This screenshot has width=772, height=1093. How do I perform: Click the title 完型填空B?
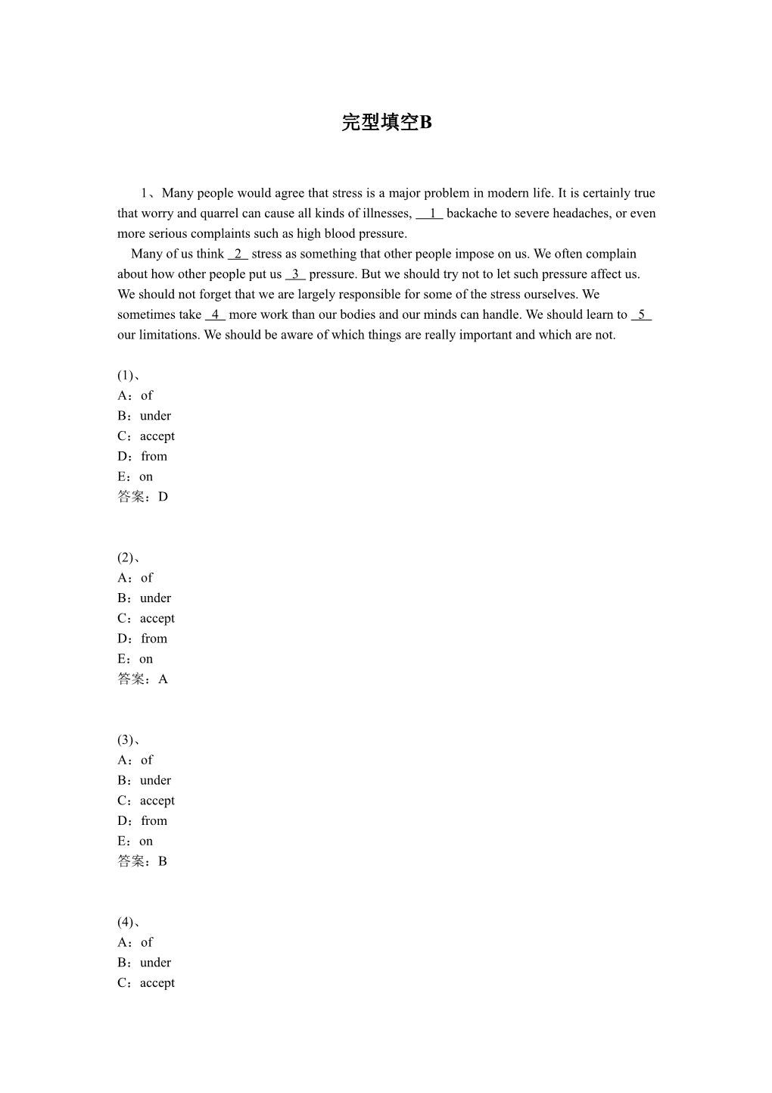click(386, 123)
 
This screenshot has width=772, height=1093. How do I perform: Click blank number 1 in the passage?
click(430, 214)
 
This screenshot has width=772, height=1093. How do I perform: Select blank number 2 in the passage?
click(238, 254)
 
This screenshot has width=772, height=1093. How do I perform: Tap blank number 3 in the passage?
click(295, 274)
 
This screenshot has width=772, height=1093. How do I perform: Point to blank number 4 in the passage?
click(215, 314)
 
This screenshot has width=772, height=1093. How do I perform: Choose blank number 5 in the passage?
click(641, 314)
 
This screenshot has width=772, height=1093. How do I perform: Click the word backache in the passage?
click(472, 214)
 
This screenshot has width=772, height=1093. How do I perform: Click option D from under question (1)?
click(143, 456)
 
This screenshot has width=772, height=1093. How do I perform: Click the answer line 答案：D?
click(143, 497)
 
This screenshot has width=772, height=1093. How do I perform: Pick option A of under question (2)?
click(135, 578)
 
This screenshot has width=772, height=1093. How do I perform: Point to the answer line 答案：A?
click(143, 679)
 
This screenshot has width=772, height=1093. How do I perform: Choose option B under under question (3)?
click(145, 780)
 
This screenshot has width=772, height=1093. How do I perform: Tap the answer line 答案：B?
click(142, 861)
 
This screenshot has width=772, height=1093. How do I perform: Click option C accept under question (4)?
click(146, 982)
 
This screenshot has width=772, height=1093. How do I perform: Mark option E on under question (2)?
click(135, 659)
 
